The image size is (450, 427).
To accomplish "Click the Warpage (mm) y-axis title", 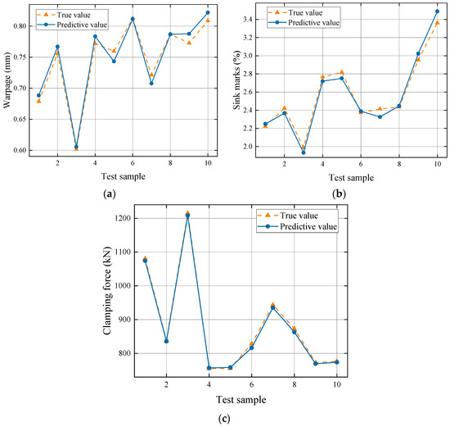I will tap(7, 82).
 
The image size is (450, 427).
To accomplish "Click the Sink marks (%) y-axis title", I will tap(238, 82).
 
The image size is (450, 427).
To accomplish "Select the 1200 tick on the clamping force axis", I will tap(124, 218).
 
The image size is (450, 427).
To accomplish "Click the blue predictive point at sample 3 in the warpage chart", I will tap(76, 147).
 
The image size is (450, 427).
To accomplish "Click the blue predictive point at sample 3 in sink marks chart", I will tap(304, 152).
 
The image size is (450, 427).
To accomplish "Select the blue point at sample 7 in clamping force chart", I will tap(272, 307).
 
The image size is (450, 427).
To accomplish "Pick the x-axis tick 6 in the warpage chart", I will tap(133, 164).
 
